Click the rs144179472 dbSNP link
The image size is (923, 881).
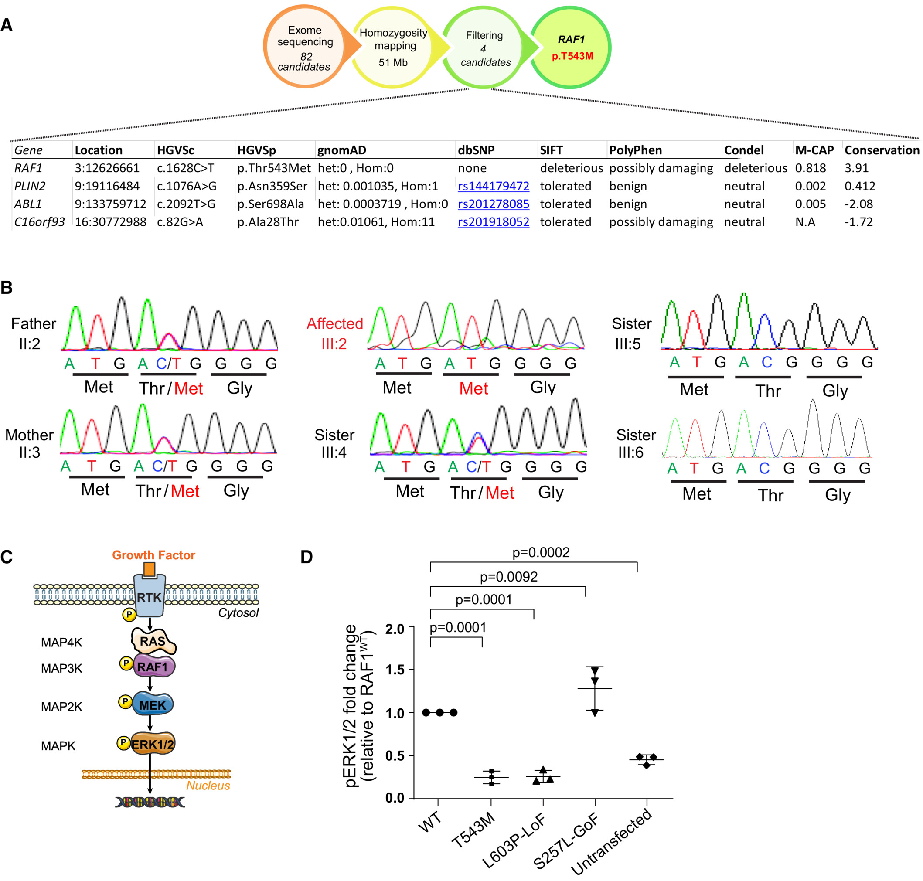click(x=493, y=187)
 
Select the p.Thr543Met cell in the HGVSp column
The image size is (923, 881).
click(x=273, y=168)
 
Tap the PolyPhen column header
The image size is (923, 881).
click(x=635, y=150)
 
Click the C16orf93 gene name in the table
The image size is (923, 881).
click(x=39, y=222)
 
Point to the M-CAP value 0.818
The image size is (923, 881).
click(x=810, y=168)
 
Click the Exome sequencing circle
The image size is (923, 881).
click(x=304, y=47)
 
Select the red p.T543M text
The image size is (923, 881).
click(x=572, y=56)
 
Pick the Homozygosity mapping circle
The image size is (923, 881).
click(x=393, y=47)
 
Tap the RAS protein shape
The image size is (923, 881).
click(x=153, y=642)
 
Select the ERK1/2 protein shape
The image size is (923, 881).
click(x=152, y=745)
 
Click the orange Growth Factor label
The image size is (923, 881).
click(x=153, y=555)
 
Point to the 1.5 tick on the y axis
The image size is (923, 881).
click(x=395, y=670)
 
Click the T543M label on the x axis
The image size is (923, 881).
click(x=473, y=830)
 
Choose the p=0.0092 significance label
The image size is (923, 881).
click(x=508, y=577)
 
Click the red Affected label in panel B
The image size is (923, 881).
click(x=334, y=323)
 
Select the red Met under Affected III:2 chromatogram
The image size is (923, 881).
click(x=473, y=389)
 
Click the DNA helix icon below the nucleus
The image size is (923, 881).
click(x=150, y=802)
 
